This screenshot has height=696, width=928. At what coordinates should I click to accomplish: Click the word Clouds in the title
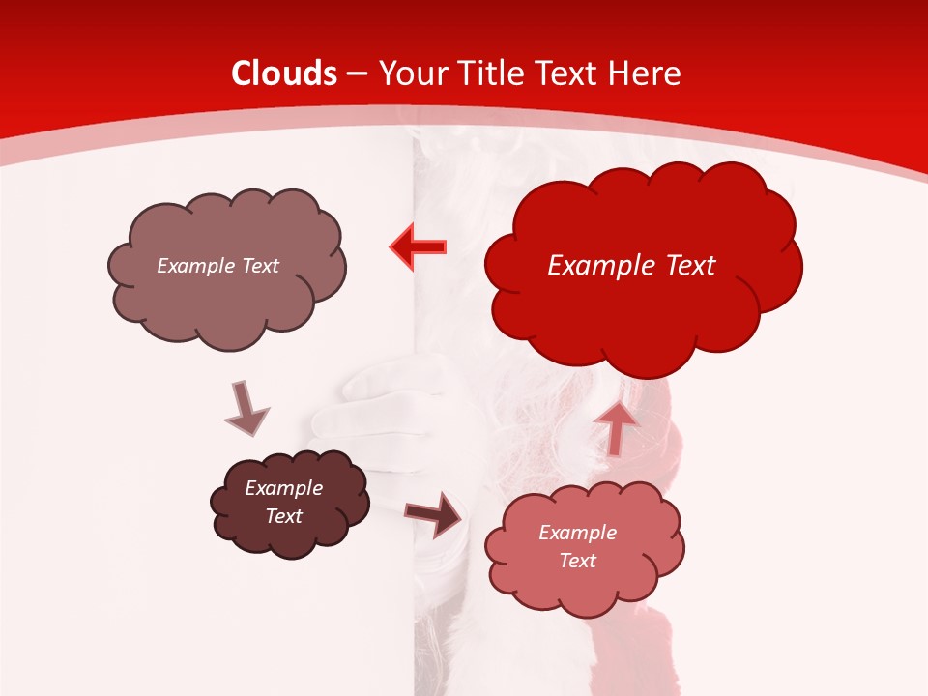pos(284,73)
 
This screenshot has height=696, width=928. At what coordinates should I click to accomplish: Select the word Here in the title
pos(646,73)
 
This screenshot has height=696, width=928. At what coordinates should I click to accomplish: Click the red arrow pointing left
pos(419,247)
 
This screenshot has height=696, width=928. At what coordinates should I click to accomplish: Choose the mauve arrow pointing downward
pos(246,408)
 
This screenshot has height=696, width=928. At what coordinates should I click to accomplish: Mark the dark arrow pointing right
pos(434,514)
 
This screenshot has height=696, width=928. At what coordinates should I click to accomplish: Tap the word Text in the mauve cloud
pos(259,266)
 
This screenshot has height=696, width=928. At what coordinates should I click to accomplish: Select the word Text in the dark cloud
pos(284,516)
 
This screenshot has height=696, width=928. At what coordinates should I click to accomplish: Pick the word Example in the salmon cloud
pos(577,533)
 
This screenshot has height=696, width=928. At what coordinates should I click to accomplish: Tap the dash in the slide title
pos(357,74)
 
